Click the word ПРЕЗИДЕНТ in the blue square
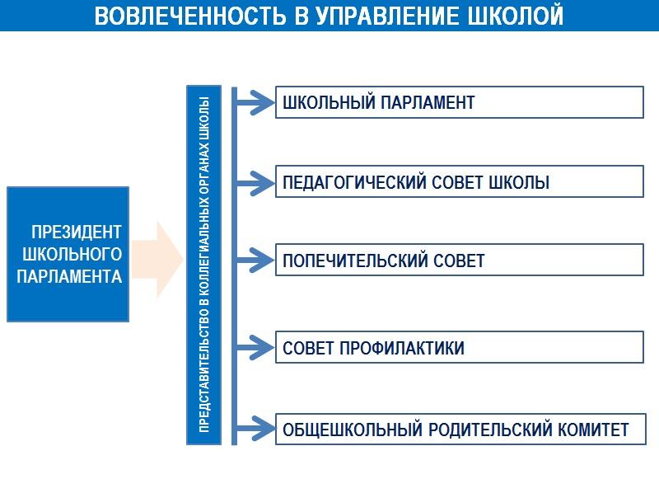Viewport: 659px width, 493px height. click(x=77, y=232)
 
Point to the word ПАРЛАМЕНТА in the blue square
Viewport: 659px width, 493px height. click(x=69, y=276)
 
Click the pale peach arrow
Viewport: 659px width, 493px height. click(x=157, y=259)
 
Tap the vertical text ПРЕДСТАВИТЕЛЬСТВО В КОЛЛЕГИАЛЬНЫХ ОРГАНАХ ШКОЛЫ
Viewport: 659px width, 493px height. click(x=203, y=265)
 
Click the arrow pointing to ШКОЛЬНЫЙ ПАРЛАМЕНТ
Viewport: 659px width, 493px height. click(x=255, y=102)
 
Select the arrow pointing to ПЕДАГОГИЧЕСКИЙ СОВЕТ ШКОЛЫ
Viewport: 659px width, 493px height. click(x=255, y=183)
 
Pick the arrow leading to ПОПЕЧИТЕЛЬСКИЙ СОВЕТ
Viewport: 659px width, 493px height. click(x=255, y=260)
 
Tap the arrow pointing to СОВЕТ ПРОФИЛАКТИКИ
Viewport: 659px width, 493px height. click(x=255, y=347)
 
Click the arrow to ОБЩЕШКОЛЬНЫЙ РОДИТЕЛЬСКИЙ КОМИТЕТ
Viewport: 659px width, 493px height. click(x=255, y=429)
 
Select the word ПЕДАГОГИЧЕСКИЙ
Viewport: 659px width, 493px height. click(x=354, y=182)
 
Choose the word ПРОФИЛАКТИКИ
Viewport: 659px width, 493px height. click(x=402, y=348)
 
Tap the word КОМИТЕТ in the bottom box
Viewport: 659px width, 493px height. click(x=593, y=430)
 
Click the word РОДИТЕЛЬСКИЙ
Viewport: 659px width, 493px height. click(x=489, y=430)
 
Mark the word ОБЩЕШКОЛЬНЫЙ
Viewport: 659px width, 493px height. click(x=353, y=430)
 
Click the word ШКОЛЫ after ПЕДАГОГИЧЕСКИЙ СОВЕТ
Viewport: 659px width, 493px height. click(x=519, y=182)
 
